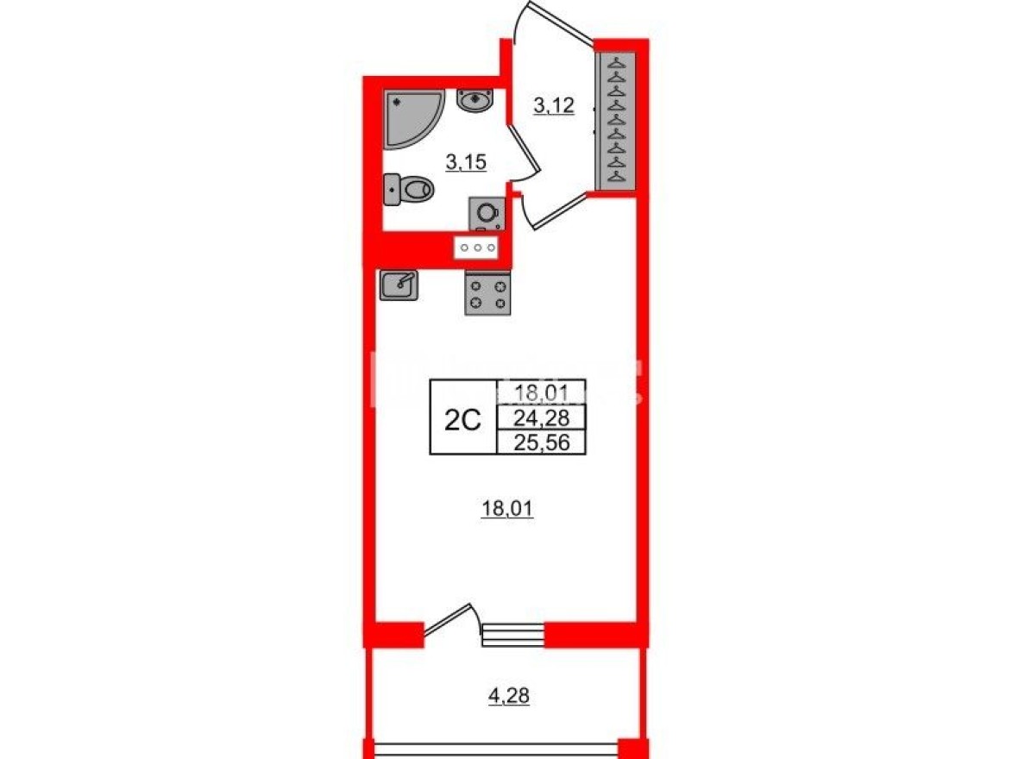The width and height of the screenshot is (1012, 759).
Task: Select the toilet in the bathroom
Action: (408, 189)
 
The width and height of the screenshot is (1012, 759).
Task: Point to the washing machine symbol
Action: (487, 212)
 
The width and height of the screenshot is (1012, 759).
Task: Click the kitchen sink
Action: (399, 284)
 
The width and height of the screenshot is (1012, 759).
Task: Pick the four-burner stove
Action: (487, 293)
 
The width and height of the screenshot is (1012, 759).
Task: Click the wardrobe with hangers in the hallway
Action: (616, 120)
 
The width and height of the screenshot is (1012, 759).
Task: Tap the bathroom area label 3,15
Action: (466, 161)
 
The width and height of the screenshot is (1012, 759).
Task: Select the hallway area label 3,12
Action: (554, 107)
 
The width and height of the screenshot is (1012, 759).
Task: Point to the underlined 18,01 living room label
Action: (507, 510)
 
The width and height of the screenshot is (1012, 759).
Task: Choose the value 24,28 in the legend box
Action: (541, 419)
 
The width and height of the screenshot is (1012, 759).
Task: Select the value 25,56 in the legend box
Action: (541, 443)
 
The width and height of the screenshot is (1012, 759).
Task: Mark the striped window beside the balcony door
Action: (512, 635)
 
